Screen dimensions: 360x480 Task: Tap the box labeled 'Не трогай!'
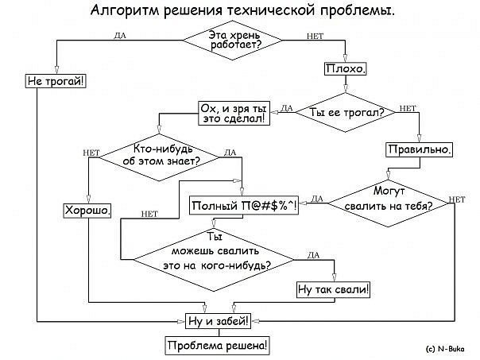56,81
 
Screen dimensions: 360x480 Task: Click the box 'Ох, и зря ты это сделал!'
234,113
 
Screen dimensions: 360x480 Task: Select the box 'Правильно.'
420,149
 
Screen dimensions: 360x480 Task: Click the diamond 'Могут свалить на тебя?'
389,199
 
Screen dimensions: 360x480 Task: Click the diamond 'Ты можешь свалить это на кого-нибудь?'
215,254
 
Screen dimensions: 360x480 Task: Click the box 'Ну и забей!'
217,321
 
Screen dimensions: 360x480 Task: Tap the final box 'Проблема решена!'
217,346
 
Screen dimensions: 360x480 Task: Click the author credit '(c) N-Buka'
445,348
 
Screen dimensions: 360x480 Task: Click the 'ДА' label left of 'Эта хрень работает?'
119,35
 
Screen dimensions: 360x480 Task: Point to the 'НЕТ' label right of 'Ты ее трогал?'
408,108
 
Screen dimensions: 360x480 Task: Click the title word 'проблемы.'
354,12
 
